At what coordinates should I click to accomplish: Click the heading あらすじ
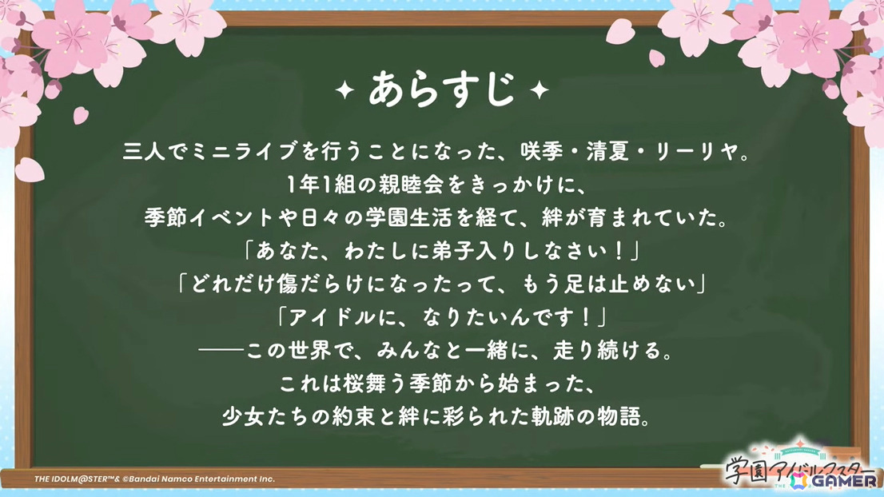442,89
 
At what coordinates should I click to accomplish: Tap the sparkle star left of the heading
345,89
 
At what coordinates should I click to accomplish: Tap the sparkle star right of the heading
539,89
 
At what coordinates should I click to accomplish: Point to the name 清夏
607,152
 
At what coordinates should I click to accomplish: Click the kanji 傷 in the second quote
287,284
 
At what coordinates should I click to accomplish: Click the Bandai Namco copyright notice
154,479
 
